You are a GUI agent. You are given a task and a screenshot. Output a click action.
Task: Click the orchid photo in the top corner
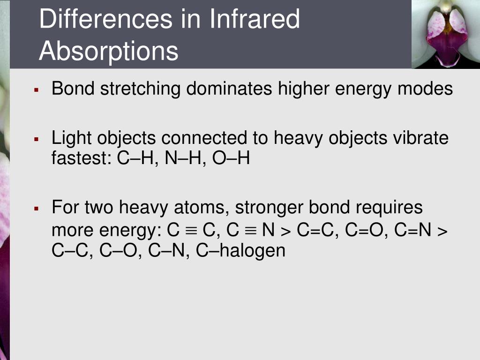click(x=445, y=34)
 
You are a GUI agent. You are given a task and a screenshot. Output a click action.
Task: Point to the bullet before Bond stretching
click(x=36, y=89)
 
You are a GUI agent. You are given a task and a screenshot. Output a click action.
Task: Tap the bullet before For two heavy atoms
click(x=36, y=208)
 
